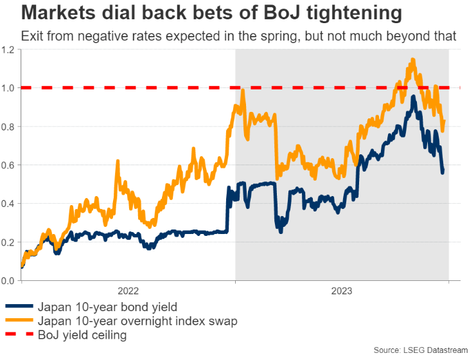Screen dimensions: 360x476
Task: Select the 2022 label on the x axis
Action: point(128,291)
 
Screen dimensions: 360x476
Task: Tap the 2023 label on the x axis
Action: point(342,291)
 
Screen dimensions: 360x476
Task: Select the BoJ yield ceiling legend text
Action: point(82,334)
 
